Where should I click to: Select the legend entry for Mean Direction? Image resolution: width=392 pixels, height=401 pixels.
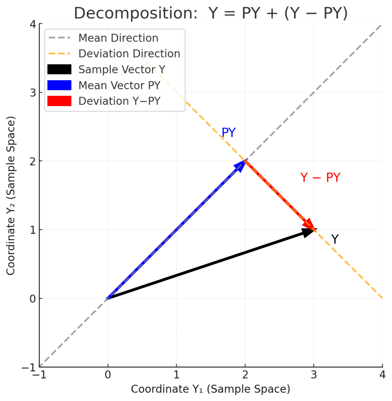click(x=118, y=38)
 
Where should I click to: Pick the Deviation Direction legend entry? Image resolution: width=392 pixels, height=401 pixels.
click(x=129, y=54)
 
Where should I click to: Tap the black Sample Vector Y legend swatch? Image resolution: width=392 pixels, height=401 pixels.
click(x=59, y=70)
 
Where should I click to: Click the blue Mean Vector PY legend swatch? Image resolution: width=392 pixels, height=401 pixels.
click(x=59, y=85)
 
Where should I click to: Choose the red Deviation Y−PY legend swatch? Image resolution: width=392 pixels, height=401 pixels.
click(x=59, y=101)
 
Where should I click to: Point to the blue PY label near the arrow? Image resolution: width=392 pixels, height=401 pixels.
click(x=229, y=133)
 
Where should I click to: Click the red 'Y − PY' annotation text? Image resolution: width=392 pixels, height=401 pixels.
click(x=320, y=178)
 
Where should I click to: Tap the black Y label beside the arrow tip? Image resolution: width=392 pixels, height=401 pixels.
click(x=334, y=239)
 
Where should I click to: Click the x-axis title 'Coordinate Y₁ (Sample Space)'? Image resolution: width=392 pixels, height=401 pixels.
click(x=210, y=389)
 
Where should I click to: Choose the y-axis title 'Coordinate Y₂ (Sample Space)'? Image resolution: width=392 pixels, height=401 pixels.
click(x=11, y=195)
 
